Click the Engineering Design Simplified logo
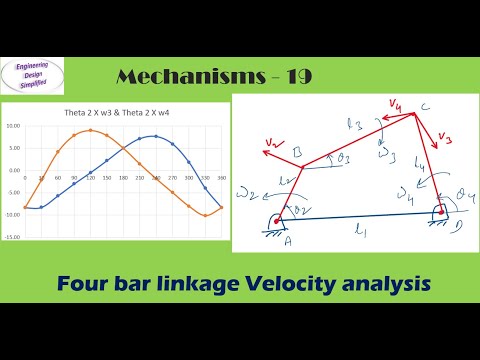click(x=34, y=76)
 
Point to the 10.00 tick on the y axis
click(x=13, y=126)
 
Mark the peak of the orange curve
click(x=92, y=130)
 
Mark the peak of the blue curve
click(x=155, y=136)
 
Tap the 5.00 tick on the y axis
click(x=14, y=148)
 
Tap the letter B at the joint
click(x=296, y=153)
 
